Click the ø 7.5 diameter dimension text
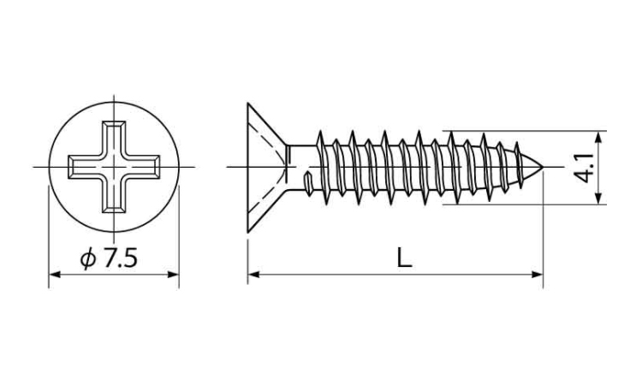pos(109,259)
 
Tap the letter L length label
pos(405,258)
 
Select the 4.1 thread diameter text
pos(584,168)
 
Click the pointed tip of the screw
pos(543,168)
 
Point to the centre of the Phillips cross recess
pos(114,167)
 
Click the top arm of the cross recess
pos(114,138)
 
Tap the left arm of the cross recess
pos(85,167)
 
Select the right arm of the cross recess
pos(143,167)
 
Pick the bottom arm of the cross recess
pos(114,196)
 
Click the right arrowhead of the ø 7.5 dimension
pos(173,274)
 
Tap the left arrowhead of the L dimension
pos(253,274)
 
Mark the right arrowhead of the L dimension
pos(538,274)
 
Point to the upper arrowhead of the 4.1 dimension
pos(599,137)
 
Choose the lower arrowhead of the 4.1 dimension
pos(599,198)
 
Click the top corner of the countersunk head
pos(247,104)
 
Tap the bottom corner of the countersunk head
pos(247,232)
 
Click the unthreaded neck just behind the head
pos(301,168)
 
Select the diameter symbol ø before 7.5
pos(88,259)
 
